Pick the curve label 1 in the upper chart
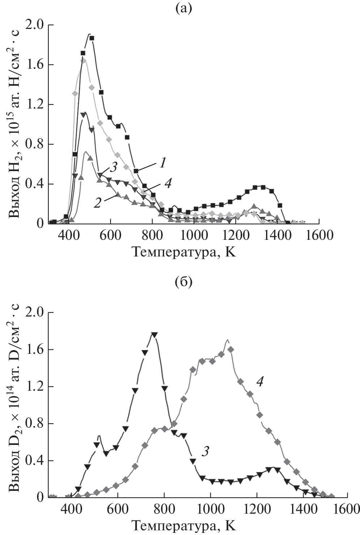(x=163, y=164)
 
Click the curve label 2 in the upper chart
(x=97, y=203)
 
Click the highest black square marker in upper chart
(x=92, y=38)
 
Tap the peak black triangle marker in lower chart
(x=154, y=335)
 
